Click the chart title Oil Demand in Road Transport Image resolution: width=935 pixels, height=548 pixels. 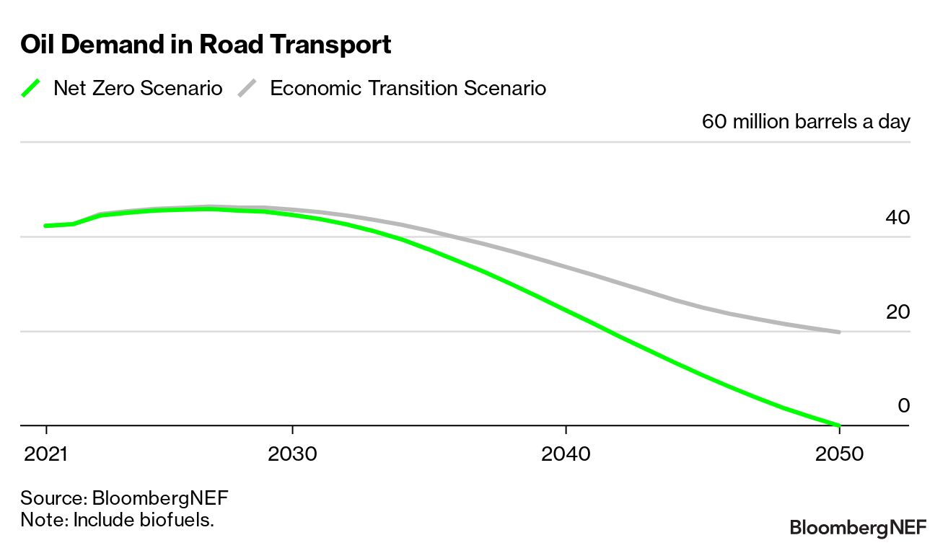(x=206, y=45)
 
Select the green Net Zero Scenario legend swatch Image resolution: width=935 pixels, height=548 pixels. (x=31, y=89)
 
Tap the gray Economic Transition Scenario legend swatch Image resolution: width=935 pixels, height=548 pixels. (x=247, y=89)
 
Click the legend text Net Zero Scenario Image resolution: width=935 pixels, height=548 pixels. (x=138, y=89)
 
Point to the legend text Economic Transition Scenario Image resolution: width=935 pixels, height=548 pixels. (x=408, y=89)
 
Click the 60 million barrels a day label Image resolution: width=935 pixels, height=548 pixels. (x=806, y=121)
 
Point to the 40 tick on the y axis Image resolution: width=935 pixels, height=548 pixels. (x=897, y=217)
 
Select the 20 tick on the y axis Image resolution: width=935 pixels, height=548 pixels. (x=897, y=311)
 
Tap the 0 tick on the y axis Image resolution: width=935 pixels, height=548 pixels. (x=903, y=406)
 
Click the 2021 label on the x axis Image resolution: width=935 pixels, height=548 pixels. (x=46, y=455)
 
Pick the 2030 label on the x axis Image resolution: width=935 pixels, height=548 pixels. (x=292, y=455)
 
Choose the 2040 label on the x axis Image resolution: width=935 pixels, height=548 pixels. (x=566, y=455)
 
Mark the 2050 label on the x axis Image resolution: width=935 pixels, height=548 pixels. (x=840, y=455)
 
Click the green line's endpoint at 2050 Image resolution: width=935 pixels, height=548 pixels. (x=840, y=425)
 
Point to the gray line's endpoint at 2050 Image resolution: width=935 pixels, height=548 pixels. (x=840, y=332)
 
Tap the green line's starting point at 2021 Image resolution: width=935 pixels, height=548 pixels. (x=46, y=226)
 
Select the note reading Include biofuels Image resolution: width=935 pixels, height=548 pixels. (x=118, y=519)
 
